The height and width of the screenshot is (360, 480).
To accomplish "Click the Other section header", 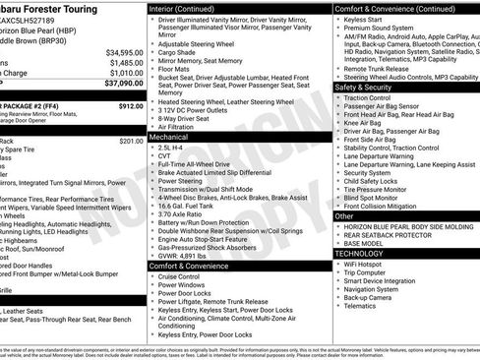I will point(345,215).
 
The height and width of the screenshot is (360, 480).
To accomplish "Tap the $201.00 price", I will point(131,141).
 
